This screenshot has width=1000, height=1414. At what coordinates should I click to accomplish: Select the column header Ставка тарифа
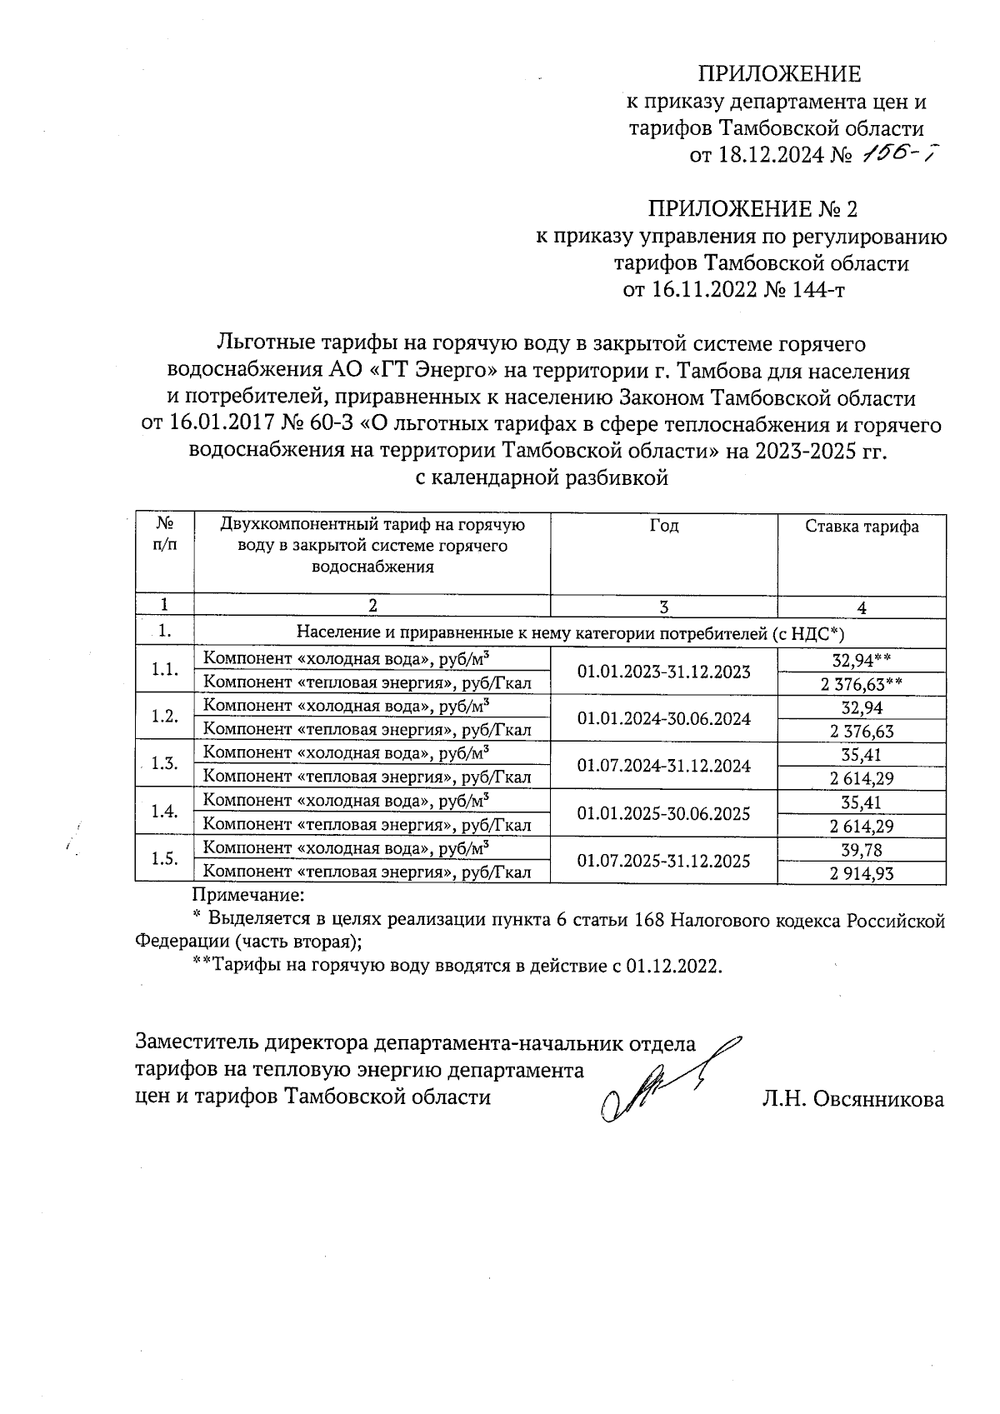pyautogui.click(x=862, y=527)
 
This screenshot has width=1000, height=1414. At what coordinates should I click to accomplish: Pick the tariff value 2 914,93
pyautogui.click(x=862, y=873)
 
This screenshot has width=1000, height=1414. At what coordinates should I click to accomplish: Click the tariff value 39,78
pyautogui.click(x=862, y=850)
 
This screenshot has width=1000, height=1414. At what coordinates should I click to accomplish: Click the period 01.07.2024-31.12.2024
pyautogui.click(x=663, y=766)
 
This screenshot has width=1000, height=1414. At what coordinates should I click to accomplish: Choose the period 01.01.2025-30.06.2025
pyautogui.click(x=663, y=813)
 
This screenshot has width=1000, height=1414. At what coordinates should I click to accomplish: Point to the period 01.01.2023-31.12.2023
pyautogui.click(x=663, y=672)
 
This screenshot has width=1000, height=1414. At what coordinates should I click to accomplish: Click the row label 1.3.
pyautogui.click(x=165, y=765)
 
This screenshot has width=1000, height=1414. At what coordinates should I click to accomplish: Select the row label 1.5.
pyautogui.click(x=165, y=860)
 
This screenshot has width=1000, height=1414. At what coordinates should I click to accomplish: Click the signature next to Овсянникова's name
pyautogui.click(x=658, y=1083)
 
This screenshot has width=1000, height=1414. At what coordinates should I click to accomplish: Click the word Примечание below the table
pyautogui.click(x=249, y=896)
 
